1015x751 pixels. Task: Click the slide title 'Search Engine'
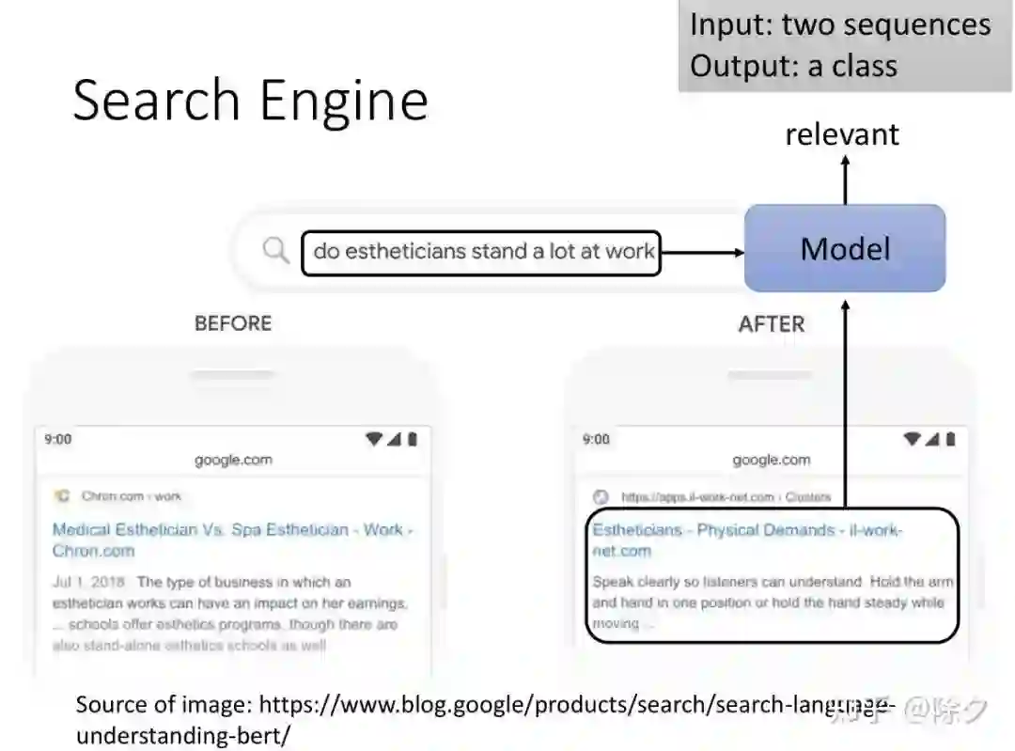250,100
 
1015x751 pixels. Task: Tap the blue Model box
844,249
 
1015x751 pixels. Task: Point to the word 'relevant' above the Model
842,134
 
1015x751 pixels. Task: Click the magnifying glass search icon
275,250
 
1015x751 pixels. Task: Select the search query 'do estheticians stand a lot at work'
483,251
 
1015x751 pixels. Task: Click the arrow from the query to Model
702,251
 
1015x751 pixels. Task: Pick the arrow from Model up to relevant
845,179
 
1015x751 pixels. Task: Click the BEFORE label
233,323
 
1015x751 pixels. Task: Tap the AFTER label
772,324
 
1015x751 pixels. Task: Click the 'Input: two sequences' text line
840,24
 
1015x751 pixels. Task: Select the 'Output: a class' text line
793,66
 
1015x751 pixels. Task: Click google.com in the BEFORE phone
233,460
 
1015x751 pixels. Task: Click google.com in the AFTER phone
772,460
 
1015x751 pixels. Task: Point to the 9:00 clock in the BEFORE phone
58,439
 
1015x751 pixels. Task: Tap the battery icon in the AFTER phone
950,439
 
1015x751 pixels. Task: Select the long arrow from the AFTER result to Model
845,404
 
